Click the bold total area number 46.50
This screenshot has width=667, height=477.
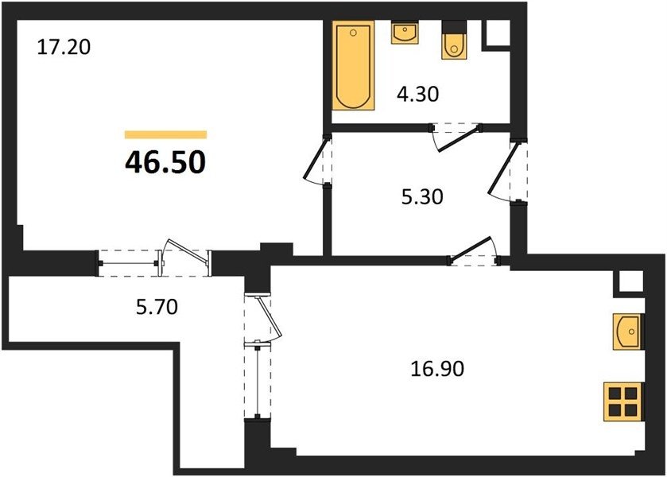point(165,162)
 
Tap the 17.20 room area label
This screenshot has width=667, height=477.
point(64,47)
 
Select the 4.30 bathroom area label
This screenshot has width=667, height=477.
point(417,94)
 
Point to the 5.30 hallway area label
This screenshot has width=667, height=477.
point(422,197)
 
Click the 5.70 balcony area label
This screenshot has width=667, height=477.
point(157,306)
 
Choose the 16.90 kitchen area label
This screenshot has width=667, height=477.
point(437,369)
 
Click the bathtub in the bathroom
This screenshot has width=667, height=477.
point(353,65)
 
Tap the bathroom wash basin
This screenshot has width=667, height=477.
point(405,33)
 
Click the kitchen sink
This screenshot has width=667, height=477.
point(628,332)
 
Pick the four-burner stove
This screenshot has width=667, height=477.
point(623,402)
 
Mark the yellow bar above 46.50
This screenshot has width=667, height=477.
point(166,135)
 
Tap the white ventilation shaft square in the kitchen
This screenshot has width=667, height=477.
point(630,281)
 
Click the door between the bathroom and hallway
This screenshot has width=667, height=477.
point(457,136)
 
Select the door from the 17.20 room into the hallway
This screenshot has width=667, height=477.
point(318,160)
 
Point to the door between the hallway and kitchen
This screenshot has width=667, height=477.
point(474,252)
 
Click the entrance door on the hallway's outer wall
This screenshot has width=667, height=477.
point(506,171)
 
